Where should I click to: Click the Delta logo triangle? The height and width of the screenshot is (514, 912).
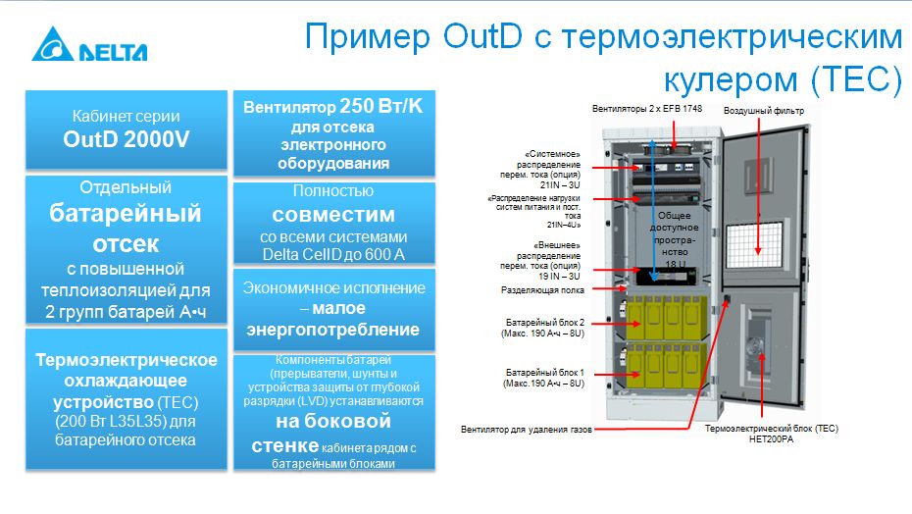(x=53, y=45)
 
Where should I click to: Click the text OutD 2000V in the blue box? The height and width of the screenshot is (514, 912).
(x=127, y=139)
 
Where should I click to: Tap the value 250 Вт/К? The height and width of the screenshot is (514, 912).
(x=380, y=106)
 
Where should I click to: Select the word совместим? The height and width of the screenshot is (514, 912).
(x=333, y=215)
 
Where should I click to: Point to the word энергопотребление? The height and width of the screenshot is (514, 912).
(x=333, y=330)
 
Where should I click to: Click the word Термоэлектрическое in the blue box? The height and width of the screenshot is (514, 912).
(x=127, y=360)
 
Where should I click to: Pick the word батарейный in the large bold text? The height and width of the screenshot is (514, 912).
(x=126, y=214)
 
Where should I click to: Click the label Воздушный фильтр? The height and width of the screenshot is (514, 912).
(x=764, y=111)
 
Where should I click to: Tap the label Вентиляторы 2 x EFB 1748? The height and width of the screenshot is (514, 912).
(x=647, y=108)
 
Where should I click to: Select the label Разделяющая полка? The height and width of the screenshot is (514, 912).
(x=542, y=290)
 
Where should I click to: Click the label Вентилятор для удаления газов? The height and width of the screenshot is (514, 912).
(x=527, y=430)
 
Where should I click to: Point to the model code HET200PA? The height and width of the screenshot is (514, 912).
(x=771, y=439)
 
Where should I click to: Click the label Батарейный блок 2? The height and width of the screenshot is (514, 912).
(x=545, y=323)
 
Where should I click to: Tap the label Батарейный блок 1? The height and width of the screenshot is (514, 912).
(x=545, y=373)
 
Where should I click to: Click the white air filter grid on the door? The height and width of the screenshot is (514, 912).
(x=754, y=245)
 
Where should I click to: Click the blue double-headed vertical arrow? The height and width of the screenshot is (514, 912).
(x=653, y=210)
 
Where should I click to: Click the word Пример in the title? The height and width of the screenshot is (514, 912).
(x=368, y=36)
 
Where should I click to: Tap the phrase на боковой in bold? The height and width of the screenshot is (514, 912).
(x=333, y=420)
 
